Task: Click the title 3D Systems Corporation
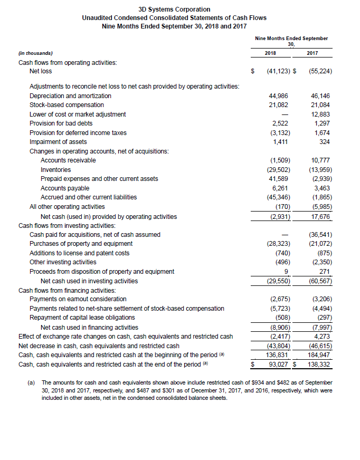pos(174,9)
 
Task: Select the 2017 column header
pos(312,53)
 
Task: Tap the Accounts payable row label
pos(65,188)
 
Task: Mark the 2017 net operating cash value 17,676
pos(321,216)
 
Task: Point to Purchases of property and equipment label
pos(81,244)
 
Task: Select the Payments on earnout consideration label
pos(78,299)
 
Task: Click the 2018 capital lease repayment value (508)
pos(279,318)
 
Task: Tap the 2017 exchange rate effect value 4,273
pos(322,336)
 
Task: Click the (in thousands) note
pos(35,53)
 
